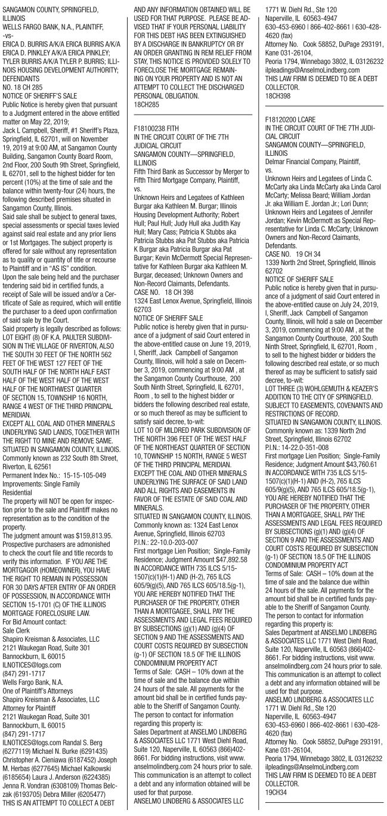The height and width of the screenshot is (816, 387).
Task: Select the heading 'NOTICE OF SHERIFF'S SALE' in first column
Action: tap(41, 95)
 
